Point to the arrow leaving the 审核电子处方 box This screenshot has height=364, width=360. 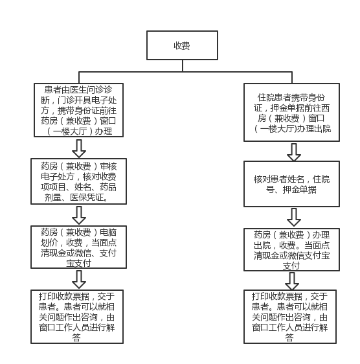click(79, 215)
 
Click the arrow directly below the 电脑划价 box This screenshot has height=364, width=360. click(79, 280)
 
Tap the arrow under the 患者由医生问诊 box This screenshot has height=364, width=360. click(79, 148)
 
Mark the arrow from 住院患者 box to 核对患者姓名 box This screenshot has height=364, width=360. click(294, 152)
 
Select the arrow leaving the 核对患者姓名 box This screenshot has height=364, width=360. click(294, 217)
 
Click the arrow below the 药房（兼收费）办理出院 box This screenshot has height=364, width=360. click(292, 281)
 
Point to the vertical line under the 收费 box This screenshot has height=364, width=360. click(183, 65)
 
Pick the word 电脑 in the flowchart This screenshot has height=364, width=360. click(108, 232)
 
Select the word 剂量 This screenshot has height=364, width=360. click(53, 198)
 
